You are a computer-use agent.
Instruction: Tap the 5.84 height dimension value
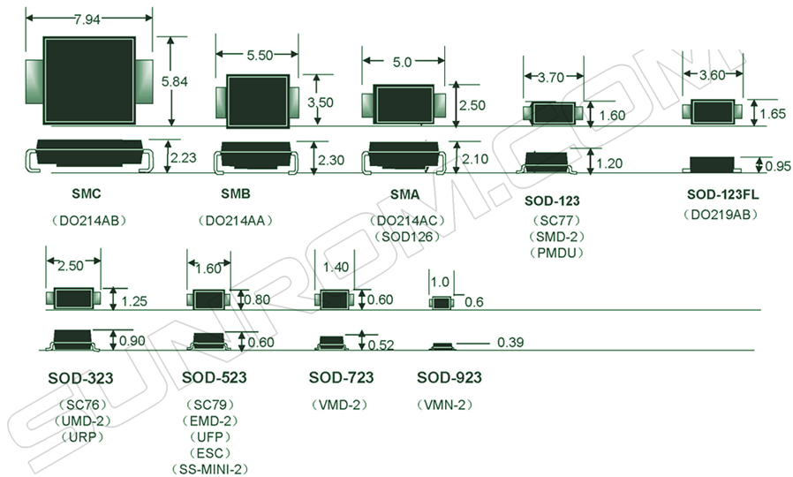[177, 81]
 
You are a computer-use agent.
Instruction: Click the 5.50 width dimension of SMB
[260, 55]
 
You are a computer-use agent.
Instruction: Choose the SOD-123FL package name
[722, 194]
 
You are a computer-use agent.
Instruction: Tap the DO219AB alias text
[722, 215]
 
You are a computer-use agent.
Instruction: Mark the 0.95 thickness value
[778, 166]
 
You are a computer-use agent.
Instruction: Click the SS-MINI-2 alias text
[213, 467]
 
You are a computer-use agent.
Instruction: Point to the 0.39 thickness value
[510, 342]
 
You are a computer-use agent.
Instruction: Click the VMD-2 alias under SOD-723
[341, 405]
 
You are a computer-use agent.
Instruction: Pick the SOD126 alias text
[406, 237]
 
